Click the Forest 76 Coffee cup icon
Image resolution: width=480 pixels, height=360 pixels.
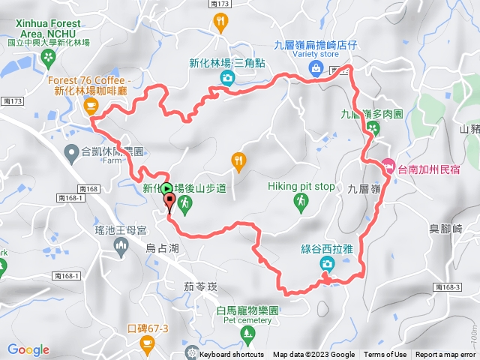[91, 107]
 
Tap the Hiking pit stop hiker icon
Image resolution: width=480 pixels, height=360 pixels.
[300, 201]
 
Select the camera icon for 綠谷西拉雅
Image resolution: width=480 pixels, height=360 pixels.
[326, 263]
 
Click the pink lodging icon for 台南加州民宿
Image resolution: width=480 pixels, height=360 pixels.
[388, 164]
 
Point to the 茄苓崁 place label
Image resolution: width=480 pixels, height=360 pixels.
[200, 286]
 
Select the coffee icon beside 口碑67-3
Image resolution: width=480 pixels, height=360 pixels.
[147, 343]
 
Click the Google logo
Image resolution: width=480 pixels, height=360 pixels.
[28, 349]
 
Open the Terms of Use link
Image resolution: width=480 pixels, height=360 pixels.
[385, 355]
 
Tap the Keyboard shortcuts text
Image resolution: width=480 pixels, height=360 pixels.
[231, 355]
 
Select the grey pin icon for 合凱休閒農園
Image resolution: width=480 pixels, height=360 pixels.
[71, 153]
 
